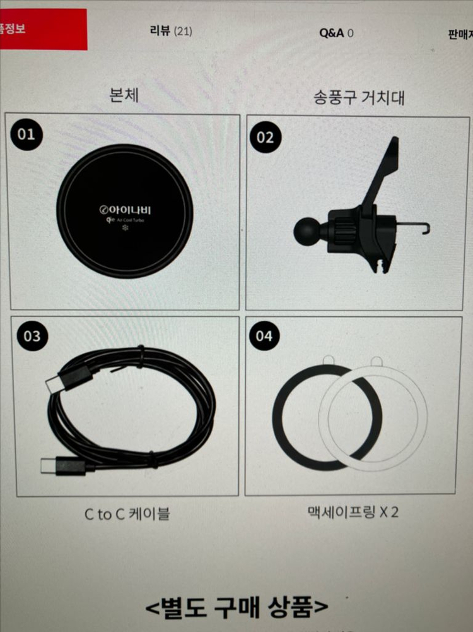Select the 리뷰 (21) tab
(x=170, y=31)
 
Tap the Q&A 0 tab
(x=336, y=33)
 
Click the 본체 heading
(x=124, y=96)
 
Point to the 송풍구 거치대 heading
(x=358, y=98)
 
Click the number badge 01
(x=26, y=134)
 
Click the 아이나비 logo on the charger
(x=124, y=209)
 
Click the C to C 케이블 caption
(x=127, y=515)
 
